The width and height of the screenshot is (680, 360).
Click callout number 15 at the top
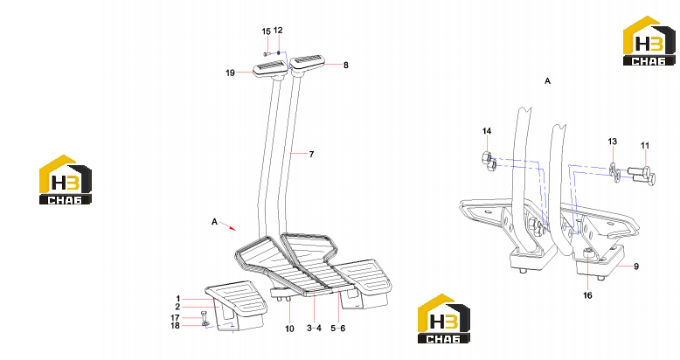tap(267, 31)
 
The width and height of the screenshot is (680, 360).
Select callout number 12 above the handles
tap(278, 31)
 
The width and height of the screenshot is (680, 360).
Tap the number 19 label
tap(230, 73)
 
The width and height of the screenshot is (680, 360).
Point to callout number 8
tap(345, 65)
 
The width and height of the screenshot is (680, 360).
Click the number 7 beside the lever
tap(311, 154)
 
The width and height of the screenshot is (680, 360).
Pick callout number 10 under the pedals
tap(289, 329)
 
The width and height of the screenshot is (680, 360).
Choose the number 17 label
tap(175, 318)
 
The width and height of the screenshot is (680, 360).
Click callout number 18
tap(175, 325)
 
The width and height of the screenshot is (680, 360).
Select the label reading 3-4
tap(315, 329)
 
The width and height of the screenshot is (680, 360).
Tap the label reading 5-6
tap(338, 329)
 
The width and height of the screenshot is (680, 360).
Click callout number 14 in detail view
tap(487, 131)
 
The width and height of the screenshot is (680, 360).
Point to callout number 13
tap(612, 142)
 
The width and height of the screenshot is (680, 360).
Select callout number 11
tap(645, 145)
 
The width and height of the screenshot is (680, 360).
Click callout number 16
tap(587, 295)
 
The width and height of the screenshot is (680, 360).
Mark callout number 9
tap(636, 267)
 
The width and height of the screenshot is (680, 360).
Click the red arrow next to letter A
tap(228, 226)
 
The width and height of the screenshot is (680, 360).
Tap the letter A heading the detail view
tap(548, 81)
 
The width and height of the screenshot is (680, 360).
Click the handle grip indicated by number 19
tap(270, 69)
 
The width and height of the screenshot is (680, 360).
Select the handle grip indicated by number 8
tap(307, 62)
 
